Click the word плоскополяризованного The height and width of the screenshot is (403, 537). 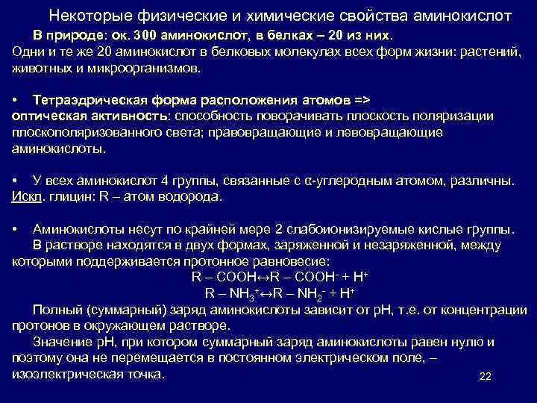tap(81, 132)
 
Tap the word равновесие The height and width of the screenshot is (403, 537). tap(289, 261)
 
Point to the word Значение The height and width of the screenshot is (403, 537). tap(60, 343)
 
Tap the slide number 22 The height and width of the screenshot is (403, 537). tap(485, 377)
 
